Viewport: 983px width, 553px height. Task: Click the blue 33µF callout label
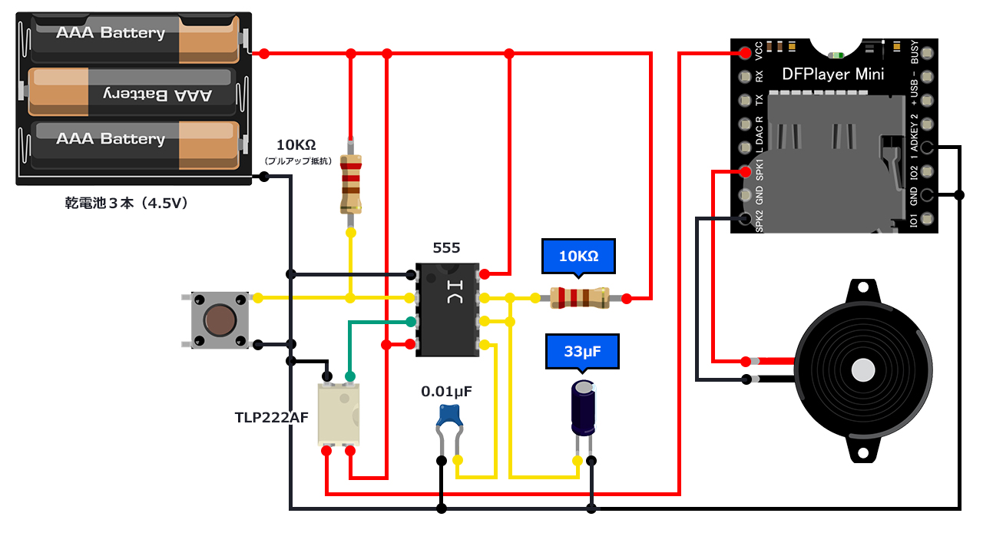tap(581, 352)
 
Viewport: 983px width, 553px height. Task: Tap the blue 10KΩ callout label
tap(578, 257)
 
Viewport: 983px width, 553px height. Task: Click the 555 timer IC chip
tap(446, 310)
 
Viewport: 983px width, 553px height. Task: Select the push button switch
tap(220, 320)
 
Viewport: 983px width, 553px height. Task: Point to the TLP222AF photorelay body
tap(339, 414)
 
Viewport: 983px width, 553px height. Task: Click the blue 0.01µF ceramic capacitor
tap(448, 416)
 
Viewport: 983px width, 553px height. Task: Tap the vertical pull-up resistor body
tap(351, 183)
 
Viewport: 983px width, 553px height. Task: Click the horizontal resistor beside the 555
tap(580, 297)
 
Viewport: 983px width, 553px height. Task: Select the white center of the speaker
tap(863, 371)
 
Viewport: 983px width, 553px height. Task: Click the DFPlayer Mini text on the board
tap(832, 75)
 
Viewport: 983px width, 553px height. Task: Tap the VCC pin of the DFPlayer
tap(745, 53)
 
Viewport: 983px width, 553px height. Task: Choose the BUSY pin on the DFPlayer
tap(927, 53)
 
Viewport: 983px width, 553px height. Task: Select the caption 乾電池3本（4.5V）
tap(127, 204)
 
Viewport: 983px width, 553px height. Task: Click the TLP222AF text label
tap(271, 417)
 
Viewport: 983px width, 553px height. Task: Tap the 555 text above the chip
tap(446, 247)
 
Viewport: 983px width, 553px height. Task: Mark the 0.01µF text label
tap(446, 391)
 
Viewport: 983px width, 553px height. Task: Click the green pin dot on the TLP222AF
tap(350, 376)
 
